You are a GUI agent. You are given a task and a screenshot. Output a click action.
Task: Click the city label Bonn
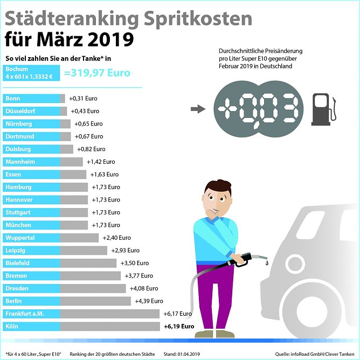[x=13, y=99]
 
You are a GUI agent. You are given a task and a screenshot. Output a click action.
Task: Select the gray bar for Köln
[x=110, y=326]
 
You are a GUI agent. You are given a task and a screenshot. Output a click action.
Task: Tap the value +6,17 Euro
[x=178, y=314]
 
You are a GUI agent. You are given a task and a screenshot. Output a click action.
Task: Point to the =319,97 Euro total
[x=97, y=73]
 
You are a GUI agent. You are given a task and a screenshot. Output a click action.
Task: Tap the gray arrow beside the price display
[x=198, y=109]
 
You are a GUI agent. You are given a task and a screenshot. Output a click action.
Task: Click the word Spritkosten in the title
[x=197, y=19]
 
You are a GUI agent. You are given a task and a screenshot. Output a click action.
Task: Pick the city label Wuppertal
[x=20, y=238]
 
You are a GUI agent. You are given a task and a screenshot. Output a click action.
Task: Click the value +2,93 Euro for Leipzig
[x=125, y=251]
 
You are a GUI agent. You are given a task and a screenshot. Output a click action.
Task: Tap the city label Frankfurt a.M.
[x=25, y=314]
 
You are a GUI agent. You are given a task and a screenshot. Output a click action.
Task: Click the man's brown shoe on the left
[x=204, y=334]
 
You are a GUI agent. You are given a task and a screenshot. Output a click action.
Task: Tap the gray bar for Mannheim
[x=72, y=162]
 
